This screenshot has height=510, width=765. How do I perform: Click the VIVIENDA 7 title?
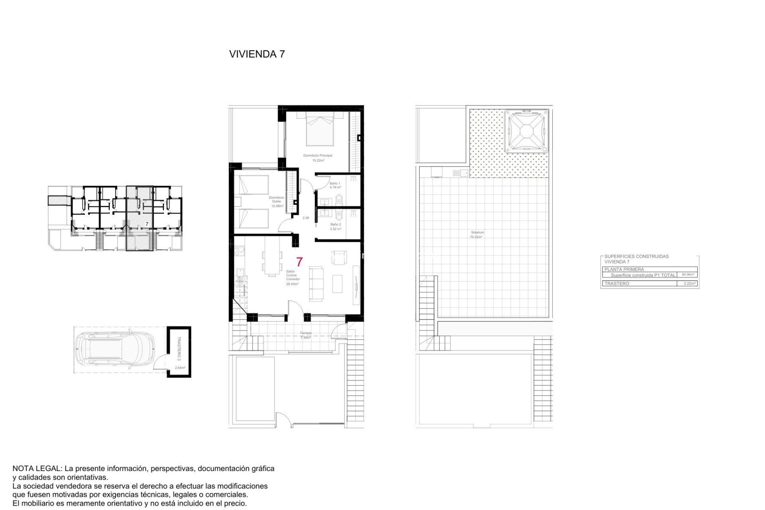click(257, 54)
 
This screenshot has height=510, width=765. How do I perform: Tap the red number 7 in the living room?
click(299, 262)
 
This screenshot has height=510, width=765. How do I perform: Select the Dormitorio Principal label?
click(318, 156)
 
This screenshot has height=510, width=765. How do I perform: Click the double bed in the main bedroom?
click(320, 129)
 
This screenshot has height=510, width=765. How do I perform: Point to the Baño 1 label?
click(335, 184)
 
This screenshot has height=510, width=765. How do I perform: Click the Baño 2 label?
click(335, 225)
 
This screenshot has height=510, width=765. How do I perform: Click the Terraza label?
click(306, 333)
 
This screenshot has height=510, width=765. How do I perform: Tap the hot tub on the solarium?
click(526, 131)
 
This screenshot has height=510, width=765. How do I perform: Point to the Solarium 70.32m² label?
click(477, 235)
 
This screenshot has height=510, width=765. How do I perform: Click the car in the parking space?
click(115, 349)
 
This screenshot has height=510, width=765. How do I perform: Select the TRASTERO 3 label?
click(179, 348)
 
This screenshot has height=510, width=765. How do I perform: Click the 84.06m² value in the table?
click(688, 275)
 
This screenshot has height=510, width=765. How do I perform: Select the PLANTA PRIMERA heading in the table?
click(624, 269)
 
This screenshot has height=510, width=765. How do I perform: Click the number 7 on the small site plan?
click(147, 224)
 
